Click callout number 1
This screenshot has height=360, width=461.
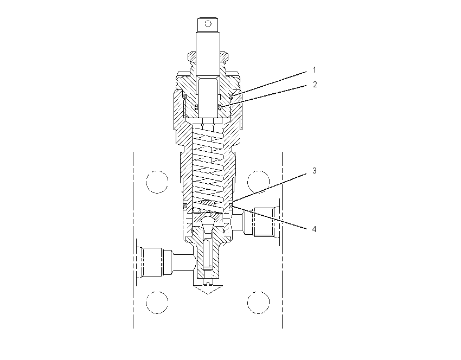click(x=314, y=70)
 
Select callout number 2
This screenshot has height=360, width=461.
click(x=315, y=85)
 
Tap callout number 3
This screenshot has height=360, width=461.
click(x=314, y=170)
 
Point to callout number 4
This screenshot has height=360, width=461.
click(x=314, y=229)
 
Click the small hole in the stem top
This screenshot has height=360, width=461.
click(x=208, y=23)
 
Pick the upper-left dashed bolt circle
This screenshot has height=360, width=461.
click(x=157, y=182)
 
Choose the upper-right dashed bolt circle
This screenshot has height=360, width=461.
click(x=258, y=182)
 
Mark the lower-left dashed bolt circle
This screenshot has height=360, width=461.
click(x=157, y=303)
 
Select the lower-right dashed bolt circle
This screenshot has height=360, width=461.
click(x=258, y=303)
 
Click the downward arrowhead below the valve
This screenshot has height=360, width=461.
click(x=208, y=289)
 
